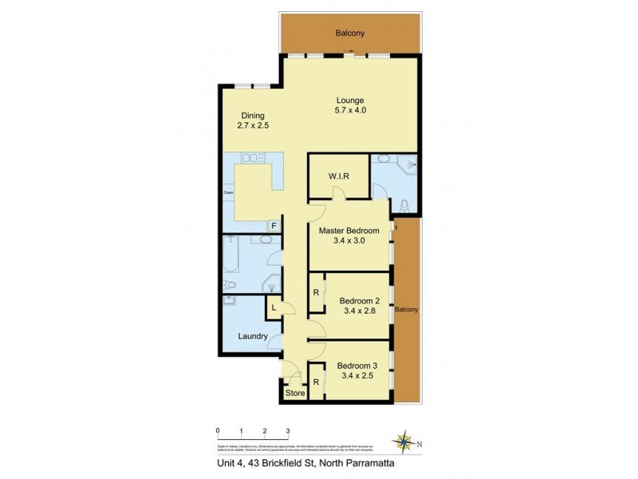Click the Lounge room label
350,100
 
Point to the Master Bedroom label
349,231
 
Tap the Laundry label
251,336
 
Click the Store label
294,393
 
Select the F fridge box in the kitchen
274,227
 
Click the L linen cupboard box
274,307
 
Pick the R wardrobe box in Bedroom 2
317,292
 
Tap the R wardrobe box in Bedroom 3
317,382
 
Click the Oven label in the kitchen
228,192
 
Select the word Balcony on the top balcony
350,33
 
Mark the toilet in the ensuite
405,206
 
